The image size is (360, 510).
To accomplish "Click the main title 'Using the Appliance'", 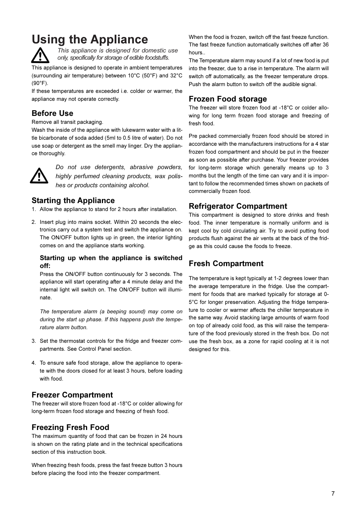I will (90, 40).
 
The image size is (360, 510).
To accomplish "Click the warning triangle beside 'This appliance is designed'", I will (40, 55).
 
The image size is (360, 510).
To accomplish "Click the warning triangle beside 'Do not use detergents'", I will (39, 176).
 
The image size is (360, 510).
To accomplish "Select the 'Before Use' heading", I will (52, 113).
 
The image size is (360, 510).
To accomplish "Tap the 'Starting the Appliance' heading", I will (73, 200).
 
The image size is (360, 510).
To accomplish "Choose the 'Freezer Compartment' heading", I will (72, 395).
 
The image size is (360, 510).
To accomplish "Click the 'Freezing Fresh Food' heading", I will (70, 427).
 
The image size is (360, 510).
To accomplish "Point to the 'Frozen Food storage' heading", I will (228, 99).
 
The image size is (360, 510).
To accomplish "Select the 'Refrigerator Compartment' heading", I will (238, 206).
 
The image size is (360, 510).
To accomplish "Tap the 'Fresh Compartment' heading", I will (226, 263).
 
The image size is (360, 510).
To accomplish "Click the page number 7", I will (333, 493).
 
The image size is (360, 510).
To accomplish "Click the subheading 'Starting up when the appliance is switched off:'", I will (111, 262).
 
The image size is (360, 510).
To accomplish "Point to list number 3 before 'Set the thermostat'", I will (34, 341).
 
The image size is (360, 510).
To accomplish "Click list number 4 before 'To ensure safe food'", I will (34, 363).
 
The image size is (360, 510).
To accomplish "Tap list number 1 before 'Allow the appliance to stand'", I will (34, 209).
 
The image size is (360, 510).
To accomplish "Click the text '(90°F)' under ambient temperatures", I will (40, 83).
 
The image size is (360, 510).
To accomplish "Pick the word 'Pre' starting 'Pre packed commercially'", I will (193, 136).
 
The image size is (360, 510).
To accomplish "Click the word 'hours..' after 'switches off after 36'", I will (197, 52).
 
